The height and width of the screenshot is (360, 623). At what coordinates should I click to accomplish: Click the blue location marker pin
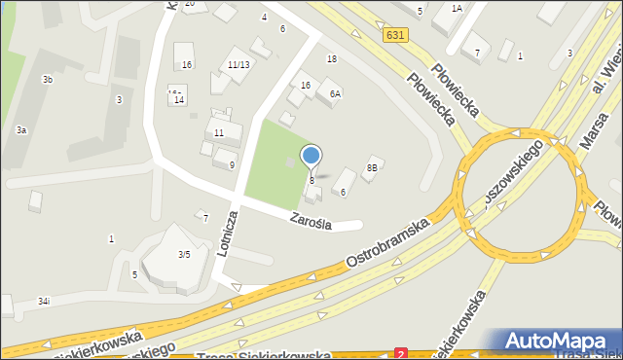[x=311, y=157]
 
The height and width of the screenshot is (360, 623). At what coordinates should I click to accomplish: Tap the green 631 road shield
[x=393, y=35]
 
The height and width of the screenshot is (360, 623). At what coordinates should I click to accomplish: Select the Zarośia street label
[x=310, y=222]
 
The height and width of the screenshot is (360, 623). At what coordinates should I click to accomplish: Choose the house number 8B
[x=371, y=167]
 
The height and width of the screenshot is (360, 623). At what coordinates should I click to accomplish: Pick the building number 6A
[x=335, y=94]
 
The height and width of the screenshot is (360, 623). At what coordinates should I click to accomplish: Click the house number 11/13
[x=238, y=65]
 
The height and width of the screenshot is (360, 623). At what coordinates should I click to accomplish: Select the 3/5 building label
[x=183, y=254]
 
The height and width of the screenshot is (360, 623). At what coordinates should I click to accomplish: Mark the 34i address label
[x=44, y=302]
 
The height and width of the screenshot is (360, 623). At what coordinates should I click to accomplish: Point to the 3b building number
[x=47, y=79]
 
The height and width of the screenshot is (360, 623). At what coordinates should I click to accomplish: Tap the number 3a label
[x=20, y=129]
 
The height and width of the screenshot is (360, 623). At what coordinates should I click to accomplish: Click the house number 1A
[x=456, y=8]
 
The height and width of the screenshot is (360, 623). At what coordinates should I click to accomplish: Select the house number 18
[x=332, y=59]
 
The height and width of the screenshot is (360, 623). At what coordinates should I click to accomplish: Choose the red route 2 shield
[x=401, y=354]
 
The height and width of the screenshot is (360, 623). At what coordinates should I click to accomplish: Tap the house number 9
[x=232, y=165]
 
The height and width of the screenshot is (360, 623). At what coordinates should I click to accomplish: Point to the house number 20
[x=190, y=4]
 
